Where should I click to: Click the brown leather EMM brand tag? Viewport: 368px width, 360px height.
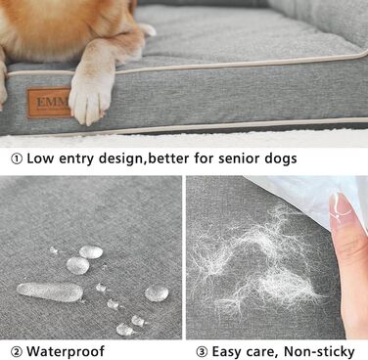pyautogui.click(x=49, y=103)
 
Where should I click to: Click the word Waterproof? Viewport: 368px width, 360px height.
pyautogui.click(x=66, y=351)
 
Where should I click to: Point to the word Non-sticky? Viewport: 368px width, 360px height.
pyautogui.click(x=319, y=351)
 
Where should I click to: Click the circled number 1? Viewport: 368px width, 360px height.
pyautogui.click(x=17, y=158)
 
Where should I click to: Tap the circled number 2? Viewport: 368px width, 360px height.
pyautogui.click(x=17, y=351)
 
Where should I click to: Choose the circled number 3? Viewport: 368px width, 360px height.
pyautogui.click(x=202, y=351)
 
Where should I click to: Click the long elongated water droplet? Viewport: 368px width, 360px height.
pyautogui.click(x=50, y=292)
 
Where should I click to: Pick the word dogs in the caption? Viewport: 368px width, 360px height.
pyautogui.click(x=280, y=159)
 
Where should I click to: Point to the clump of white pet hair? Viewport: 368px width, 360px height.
pyautogui.click(x=257, y=261)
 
